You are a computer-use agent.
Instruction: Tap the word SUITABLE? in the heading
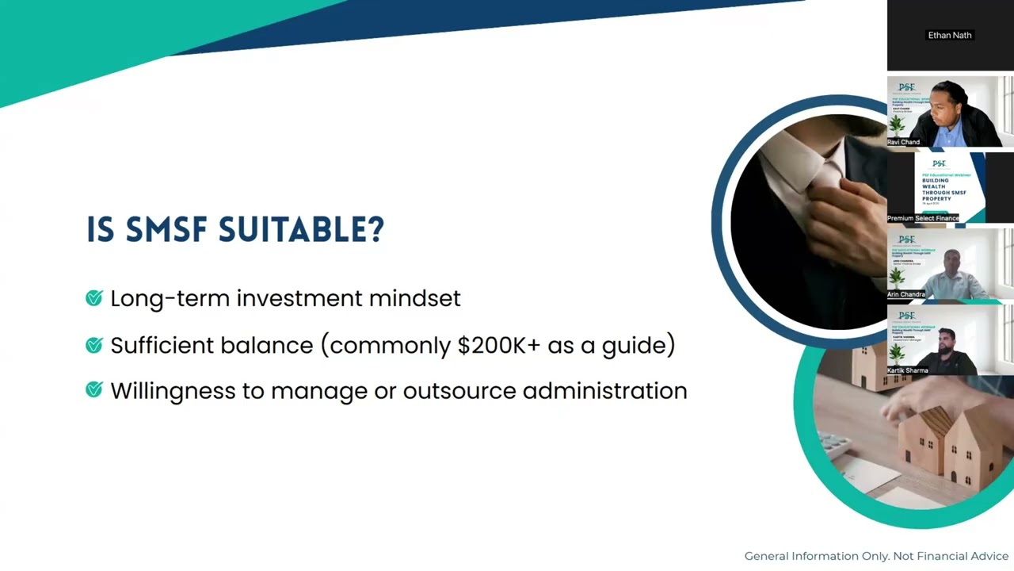(302, 230)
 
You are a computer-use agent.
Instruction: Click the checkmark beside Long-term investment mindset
(94, 298)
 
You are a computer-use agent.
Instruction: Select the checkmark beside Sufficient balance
(94, 345)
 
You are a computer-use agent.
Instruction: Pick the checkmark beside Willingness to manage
(94, 390)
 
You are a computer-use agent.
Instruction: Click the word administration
(604, 391)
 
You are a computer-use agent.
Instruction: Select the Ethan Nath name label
(949, 35)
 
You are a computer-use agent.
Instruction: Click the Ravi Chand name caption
(903, 142)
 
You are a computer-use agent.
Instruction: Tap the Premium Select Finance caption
(923, 218)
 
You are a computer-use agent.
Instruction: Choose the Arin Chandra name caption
(905, 294)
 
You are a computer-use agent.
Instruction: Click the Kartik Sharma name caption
(907, 370)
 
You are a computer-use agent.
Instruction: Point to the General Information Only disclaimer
(876, 556)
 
